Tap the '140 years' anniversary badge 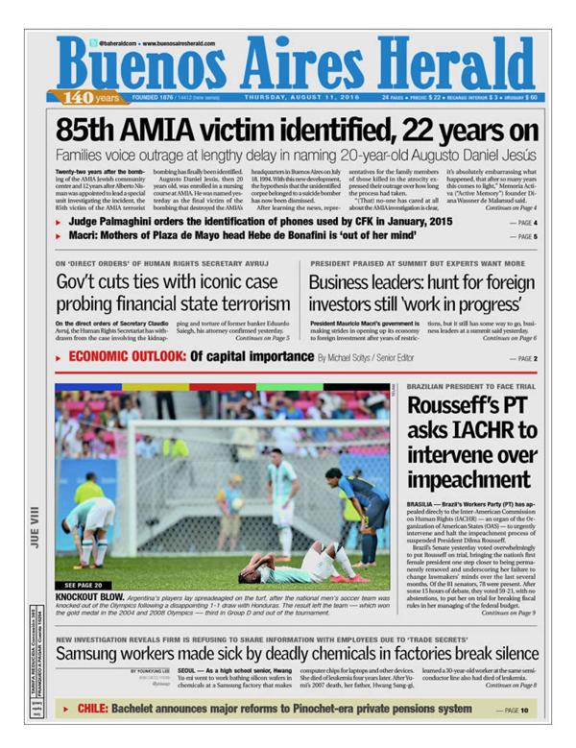(91, 98)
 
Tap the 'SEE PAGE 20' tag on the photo (83, 584)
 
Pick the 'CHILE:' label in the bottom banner (93, 710)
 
